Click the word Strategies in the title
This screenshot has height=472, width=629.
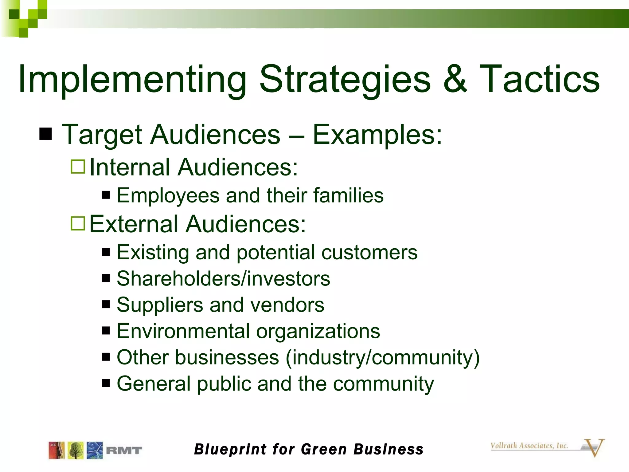click(345, 79)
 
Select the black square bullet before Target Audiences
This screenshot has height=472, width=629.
click(46, 134)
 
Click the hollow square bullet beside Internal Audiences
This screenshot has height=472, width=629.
click(78, 167)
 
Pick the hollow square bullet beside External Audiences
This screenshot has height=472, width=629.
click(78, 223)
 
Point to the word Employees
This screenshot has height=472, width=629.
click(168, 196)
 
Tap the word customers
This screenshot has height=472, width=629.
click(369, 252)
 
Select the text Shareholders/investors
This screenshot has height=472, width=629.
click(223, 278)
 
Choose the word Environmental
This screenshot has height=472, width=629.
click(183, 331)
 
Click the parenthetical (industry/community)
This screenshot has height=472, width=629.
click(382, 358)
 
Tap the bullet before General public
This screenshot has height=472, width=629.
click(106, 383)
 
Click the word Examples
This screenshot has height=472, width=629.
click(377, 135)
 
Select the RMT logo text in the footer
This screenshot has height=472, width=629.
click(124, 450)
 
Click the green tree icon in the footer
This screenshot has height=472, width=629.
click(76, 450)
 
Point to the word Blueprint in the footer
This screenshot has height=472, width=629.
click(230, 450)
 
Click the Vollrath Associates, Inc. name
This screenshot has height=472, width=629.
click(529, 446)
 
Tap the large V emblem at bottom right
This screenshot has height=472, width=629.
click(595, 447)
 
